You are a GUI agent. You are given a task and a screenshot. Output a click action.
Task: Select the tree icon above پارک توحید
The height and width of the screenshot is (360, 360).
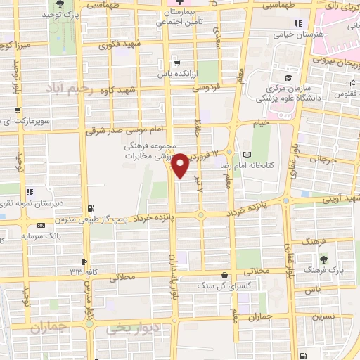click(60, 4)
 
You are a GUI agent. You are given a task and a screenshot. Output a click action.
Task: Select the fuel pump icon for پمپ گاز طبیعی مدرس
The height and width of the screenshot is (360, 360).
click(91, 207)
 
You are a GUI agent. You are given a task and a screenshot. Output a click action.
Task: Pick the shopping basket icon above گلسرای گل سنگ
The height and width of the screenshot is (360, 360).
click(224, 275)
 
